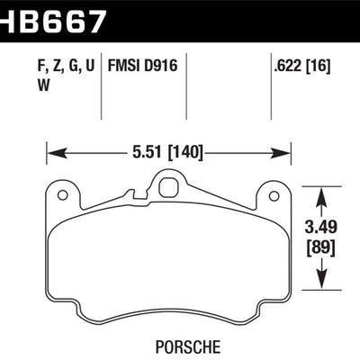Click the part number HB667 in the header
point(54,17)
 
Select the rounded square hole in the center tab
point(167,189)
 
